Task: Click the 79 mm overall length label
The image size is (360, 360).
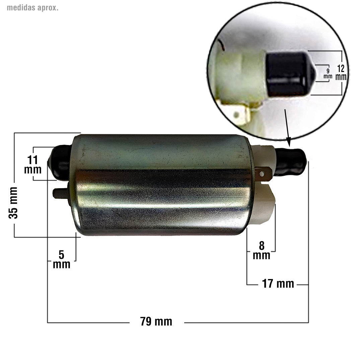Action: [156, 322]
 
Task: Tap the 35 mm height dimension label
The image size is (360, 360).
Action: [13, 203]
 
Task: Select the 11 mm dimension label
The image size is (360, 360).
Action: [33, 164]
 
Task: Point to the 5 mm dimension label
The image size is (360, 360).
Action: [62, 260]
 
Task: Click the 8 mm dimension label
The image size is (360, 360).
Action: [262, 250]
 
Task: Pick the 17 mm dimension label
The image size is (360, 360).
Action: [278, 284]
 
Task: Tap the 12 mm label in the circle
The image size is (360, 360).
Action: [341, 73]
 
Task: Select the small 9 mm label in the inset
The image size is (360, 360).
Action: [328, 73]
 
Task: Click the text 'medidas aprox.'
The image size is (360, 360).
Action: [32, 8]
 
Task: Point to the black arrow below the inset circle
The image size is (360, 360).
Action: [287, 127]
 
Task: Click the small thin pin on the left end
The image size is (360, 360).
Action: [60, 193]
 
